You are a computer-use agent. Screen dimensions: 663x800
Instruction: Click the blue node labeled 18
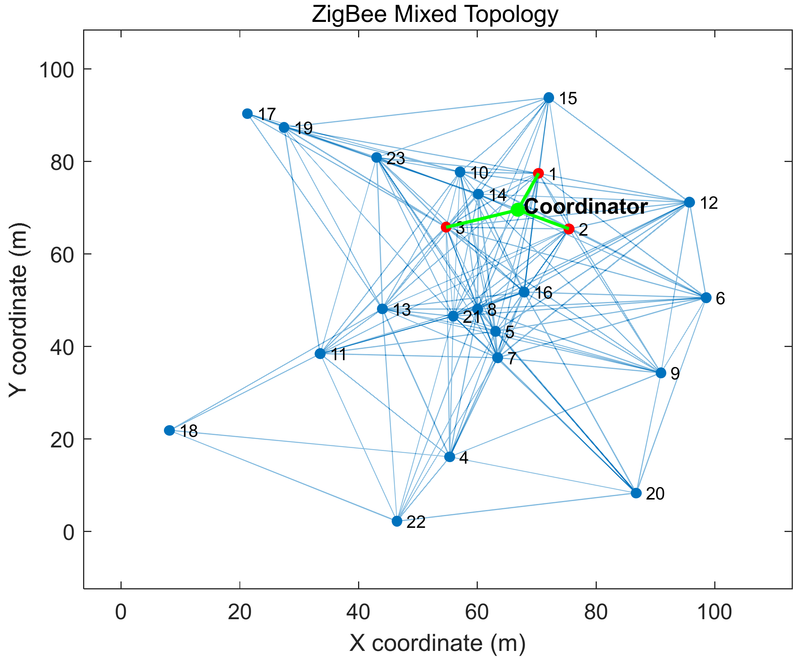pyautogui.click(x=170, y=430)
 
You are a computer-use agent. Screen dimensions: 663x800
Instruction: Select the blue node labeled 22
pyautogui.click(x=397, y=521)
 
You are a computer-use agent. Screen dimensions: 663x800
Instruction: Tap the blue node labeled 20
pyautogui.click(x=636, y=493)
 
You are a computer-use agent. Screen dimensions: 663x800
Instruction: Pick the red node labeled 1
pyautogui.click(x=538, y=173)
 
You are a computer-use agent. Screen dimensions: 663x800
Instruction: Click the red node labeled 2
pyautogui.click(x=569, y=229)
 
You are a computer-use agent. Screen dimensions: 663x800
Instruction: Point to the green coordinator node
pyautogui.click(x=517, y=210)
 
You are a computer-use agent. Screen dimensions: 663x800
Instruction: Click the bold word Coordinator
pyautogui.click(x=586, y=207)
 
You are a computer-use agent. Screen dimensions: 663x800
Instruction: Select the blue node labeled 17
pyautogui.click(x=248, y=114)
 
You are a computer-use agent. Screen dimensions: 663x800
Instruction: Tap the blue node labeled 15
pyautogui.click(x=548, y=98)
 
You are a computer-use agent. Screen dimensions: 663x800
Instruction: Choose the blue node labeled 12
pyautogui.click(x=690, y=202)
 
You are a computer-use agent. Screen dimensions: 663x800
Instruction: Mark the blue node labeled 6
pyautogui.click(x=706, y=298)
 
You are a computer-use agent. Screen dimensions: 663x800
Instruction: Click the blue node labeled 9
pyautogui.click(x=661, y=373)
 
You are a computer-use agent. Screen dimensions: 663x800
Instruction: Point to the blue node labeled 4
pyautogui.click(x=450, y=457)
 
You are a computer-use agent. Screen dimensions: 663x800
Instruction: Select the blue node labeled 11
pyautogui.click(x=320, y=354)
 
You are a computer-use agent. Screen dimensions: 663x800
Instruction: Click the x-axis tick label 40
pyautogui.click(x=358, y=613)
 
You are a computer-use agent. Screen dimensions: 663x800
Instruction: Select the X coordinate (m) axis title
pyautogui.click(x=437, y=644)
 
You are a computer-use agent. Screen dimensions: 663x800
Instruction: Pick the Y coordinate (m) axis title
pyautogui.click(x=18, y=310)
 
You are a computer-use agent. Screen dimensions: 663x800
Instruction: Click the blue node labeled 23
pyautogui.click(x=377, y=158)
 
